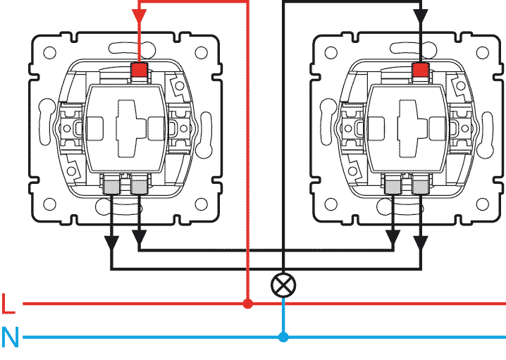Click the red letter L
coord(8,304)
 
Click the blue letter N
coord(10,337)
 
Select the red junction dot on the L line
coord(247,304)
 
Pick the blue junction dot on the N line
coord(283,337)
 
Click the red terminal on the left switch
coord(140,70)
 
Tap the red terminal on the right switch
coord(421,70)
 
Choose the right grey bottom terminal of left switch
coord(139,186)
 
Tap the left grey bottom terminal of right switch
coord(394,186)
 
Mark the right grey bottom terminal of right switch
coord(421,186)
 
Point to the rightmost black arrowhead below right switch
coord(421,242)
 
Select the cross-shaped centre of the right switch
coord(408,127)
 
